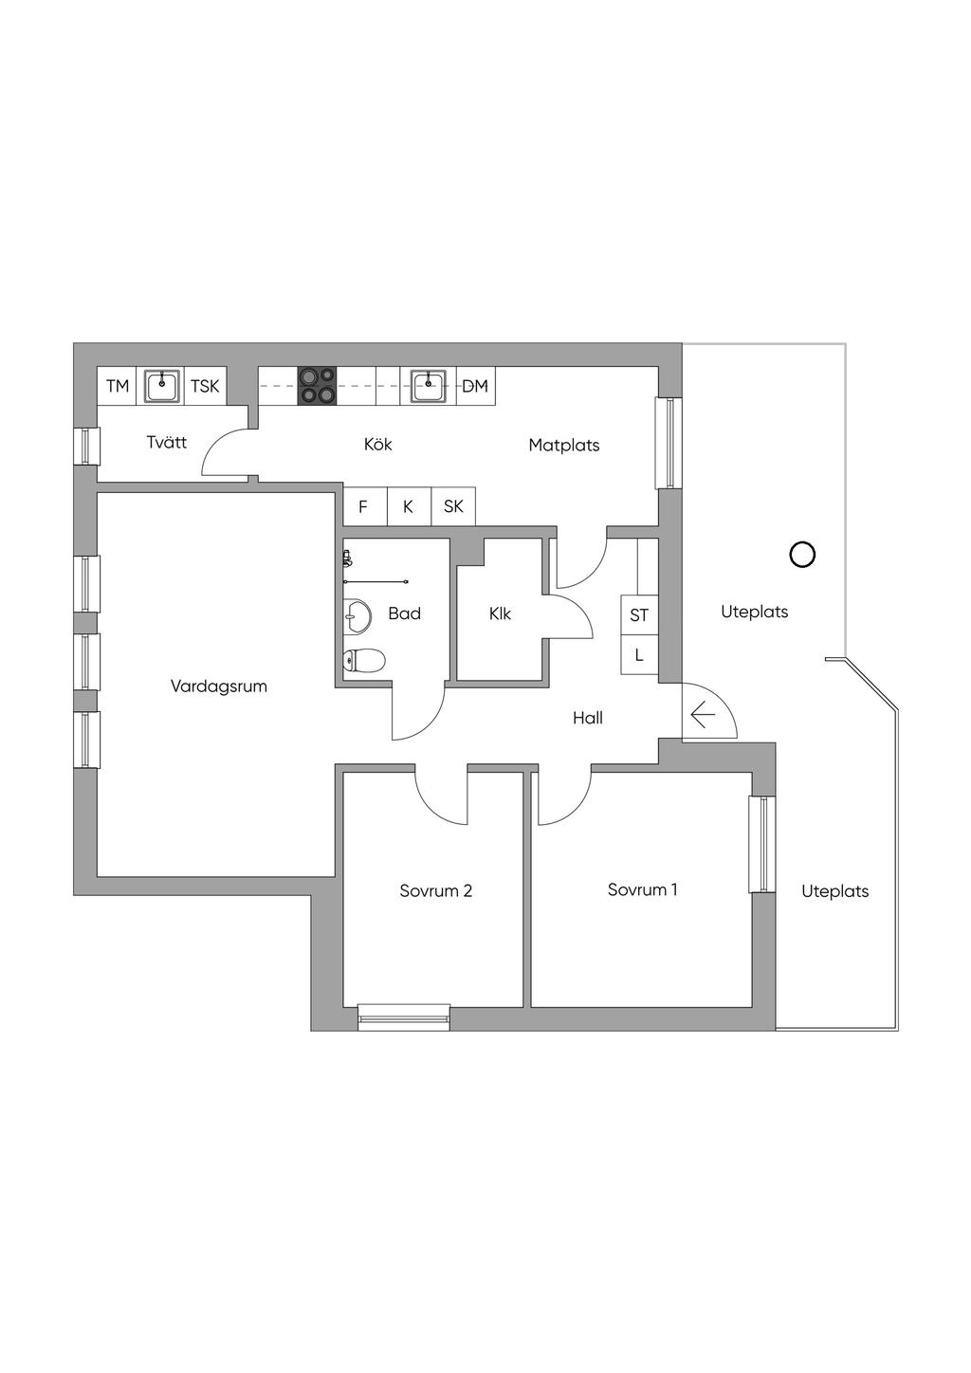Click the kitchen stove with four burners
tap(318, 386)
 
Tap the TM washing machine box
tap(117, 386)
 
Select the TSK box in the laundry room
tap(206, 386)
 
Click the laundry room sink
tap(162, 386)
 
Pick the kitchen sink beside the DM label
tap(429, 386)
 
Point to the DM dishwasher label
tap(475, 386)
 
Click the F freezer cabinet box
tap(365, 506)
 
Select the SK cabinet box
tap(453, 506)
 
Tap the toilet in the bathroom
tap(364, 661)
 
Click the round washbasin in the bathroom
tap(357, 614)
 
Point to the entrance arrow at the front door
tap(703, 715)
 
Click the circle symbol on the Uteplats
tap(802, 555)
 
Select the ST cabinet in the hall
tap(639, 614)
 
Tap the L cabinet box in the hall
tap(639, 654)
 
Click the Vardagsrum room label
tap(219, 686)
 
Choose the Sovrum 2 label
tap(436, 890)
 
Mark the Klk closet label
tap(501, 613)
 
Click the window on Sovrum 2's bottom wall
tap(404, 1016)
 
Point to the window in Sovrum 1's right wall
tap(762, 843)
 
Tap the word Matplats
tap(564, 445)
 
